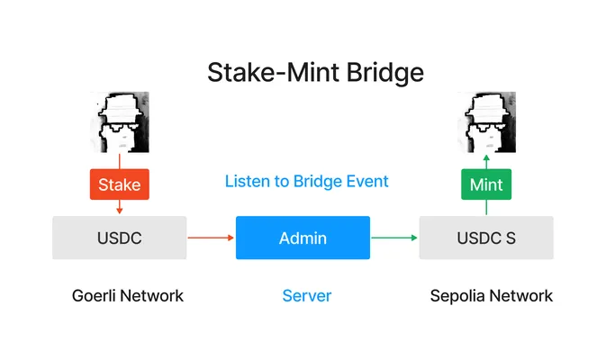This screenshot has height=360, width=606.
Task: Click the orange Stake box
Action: click(120, 184)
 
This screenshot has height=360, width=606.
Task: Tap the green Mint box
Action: click(486, 184)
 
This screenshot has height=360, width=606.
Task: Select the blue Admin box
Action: click(303, 238)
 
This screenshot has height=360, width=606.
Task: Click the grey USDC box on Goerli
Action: click(120, 238)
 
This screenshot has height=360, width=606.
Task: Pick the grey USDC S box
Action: click(486, 238)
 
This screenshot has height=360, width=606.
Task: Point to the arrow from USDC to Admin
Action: click(211, 238)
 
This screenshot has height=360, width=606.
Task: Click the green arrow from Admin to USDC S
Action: click(394, 238)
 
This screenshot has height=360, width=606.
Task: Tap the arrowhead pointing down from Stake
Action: click(120, 211)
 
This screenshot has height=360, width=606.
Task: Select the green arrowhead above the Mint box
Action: click(486, 157)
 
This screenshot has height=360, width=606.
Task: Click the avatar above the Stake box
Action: click(120, 122)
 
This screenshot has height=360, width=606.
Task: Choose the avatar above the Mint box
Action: click(486, 122)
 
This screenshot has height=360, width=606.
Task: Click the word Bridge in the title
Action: click(384, 73)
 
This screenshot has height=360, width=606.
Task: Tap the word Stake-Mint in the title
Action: click(273, 72)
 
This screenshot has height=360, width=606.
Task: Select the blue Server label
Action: click(307, 296)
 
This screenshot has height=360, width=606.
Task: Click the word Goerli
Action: click(94, 296)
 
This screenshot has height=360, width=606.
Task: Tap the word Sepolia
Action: click(457, 296)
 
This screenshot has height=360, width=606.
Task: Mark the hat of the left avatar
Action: click(121, 107)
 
